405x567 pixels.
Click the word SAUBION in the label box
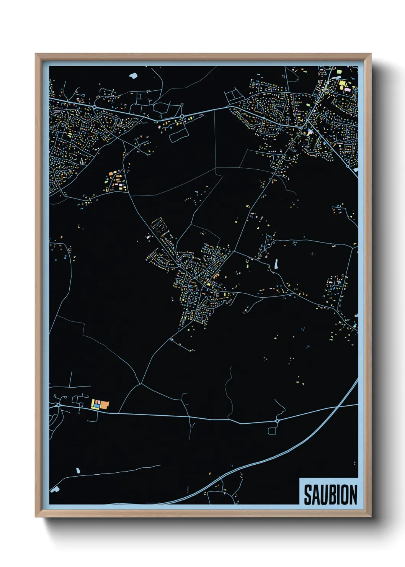coord(330,495)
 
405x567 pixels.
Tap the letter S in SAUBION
coord(308,495)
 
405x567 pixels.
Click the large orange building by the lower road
coord(105,404)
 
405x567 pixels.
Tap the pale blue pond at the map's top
coord(133,75)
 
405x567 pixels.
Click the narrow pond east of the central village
coord(276,264)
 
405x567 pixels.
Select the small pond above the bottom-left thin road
coord(78,470)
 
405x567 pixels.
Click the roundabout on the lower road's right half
coord(277,421)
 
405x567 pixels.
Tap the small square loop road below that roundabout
coord(272,431)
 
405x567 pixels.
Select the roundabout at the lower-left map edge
coord(58,405)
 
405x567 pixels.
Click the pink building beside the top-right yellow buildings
coord(348,89)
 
